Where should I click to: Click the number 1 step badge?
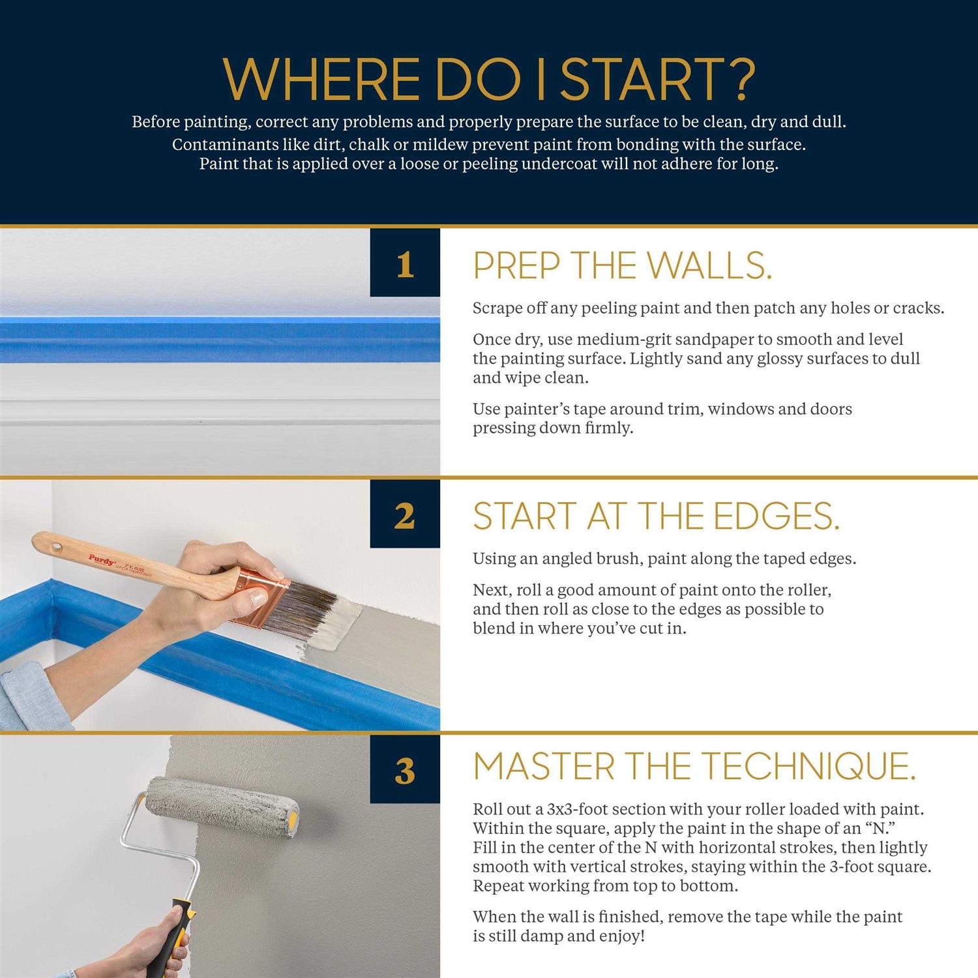[x=405, y=262]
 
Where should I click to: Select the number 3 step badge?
[x=405, y=769]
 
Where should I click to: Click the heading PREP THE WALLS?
[x=623, y=265]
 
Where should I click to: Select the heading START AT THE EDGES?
[x=656, y=516]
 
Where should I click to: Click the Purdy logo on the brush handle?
[x=102, y=559]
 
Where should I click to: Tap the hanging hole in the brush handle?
[x=54, y=542]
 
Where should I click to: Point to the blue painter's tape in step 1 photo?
[x=220, y=340]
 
